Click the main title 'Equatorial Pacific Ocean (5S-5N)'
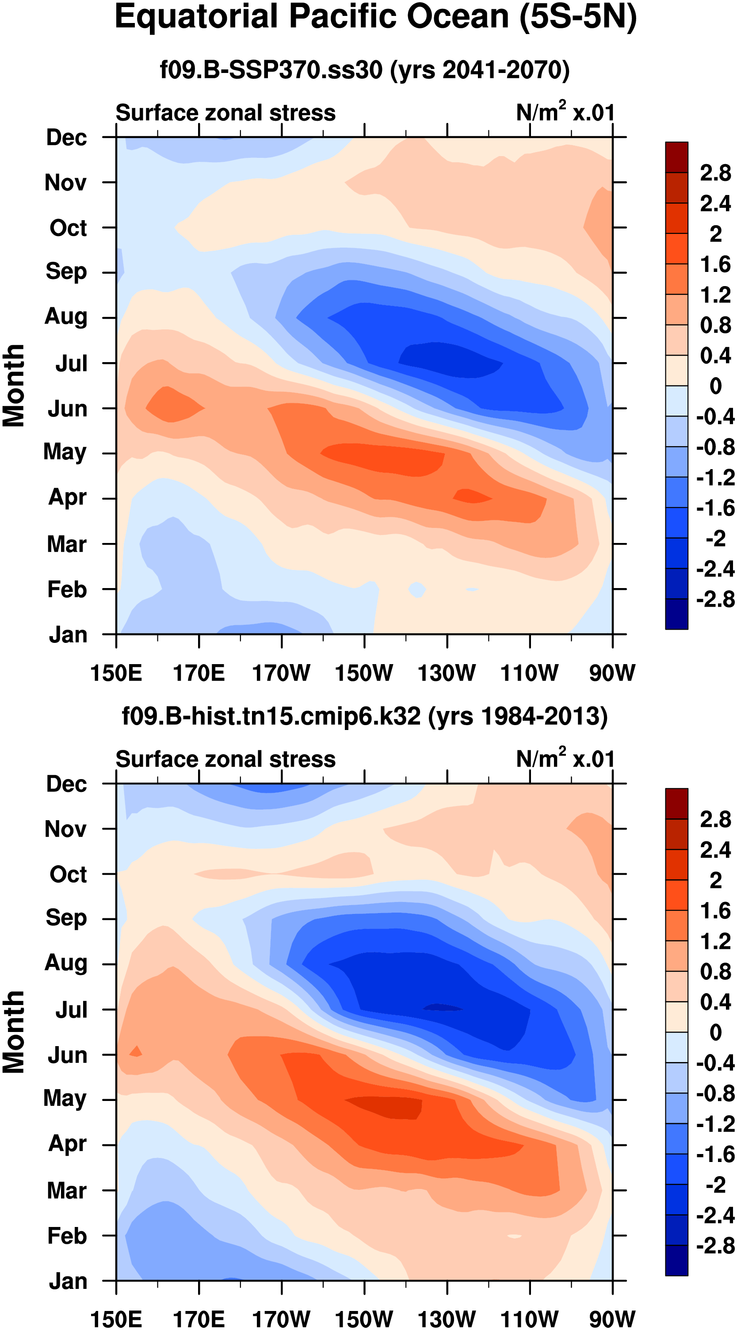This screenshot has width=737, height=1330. pos(375,18)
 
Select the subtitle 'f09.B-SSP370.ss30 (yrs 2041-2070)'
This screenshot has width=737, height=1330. pos(364,70)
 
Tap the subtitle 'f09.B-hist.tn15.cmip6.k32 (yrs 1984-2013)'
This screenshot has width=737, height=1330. pos(364,717)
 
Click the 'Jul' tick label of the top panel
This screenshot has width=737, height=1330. pos(71,363)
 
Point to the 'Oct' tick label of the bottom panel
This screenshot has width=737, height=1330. pos(68,875)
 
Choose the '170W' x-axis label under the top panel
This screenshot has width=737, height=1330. pos(281,673)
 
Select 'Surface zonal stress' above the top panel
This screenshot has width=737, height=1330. pos(225,113)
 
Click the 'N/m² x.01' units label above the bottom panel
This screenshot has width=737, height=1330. pos(565,759)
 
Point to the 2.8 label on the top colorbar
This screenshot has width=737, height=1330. pos(715,173)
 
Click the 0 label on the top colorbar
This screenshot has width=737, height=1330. pos(715,386)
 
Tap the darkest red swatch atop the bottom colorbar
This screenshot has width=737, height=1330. pos(676,804)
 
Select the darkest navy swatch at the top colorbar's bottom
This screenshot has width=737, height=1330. pos(676,614)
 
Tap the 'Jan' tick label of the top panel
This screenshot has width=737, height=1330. pos(68,634)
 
